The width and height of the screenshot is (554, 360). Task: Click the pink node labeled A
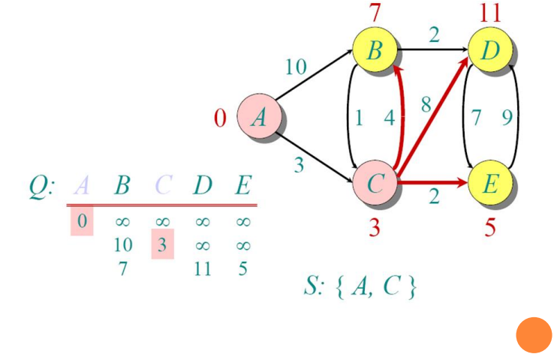(259, 116)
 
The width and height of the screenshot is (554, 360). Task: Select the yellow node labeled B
(375, 49)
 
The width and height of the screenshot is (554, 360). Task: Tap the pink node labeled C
(375, 182)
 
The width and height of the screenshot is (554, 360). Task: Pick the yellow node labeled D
(490, 49)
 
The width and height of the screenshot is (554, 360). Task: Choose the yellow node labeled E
(490, 182)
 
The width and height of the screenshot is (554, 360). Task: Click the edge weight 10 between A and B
(296, 66)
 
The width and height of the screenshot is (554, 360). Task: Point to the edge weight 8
(426, 104)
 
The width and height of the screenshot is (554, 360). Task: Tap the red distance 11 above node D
(490, 13)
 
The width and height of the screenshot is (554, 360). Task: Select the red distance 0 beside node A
(220, 118)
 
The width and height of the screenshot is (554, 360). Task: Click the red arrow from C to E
(433, 182)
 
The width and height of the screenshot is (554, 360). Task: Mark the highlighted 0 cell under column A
(82, 220)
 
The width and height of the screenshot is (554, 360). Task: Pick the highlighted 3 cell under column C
(163, 244)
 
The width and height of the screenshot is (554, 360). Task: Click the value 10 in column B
(123, 244)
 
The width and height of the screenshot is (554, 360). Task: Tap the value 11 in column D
(203, 269)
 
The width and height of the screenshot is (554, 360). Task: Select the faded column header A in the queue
(82, 184)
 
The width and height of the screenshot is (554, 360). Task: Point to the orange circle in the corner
(534, 335)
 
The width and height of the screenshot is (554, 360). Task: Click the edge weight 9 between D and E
(507, 118)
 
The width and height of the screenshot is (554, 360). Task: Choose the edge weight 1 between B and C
(359, 118)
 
